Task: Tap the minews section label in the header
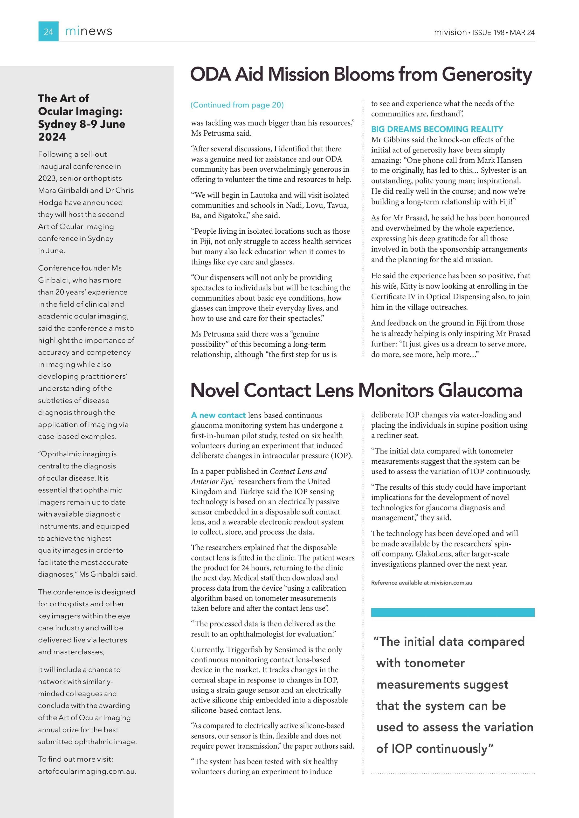click(89, 31)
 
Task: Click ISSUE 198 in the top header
click(488, 32)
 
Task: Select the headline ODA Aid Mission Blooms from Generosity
click(361, 74)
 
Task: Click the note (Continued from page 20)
click(237, 105)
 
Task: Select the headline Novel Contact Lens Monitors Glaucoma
click(356, 391)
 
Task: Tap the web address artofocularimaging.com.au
click(87, 771)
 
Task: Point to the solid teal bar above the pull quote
click(452, 612)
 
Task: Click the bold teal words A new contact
click(218, 415)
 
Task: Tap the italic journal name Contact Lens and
click(298, 471)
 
